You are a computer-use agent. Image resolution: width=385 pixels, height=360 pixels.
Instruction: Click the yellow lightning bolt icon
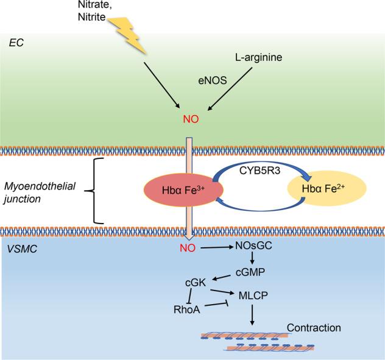pyautogui.click(x=130, y=34)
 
